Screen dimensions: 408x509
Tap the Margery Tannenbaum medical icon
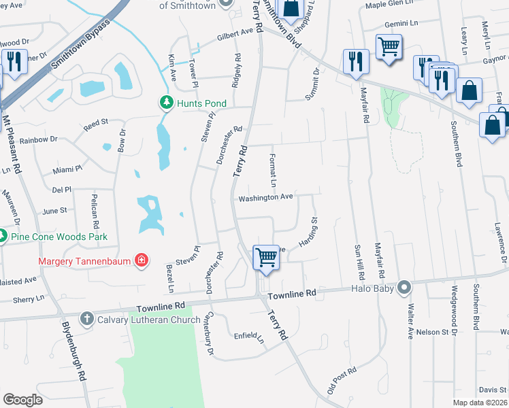click(x=142, y=260)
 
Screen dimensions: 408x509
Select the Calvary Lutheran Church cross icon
click(x=86, y=318)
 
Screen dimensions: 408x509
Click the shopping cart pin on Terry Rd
click(x=266, y=257)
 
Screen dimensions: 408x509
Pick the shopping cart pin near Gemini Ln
click(x=389, y=48)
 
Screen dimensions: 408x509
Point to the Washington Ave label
click(x=265, y=197)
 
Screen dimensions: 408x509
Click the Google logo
click(x=22, y=400)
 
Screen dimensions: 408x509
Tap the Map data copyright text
click(x=480, y=403)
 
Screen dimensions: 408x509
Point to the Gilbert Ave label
click(x=235, y=32)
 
